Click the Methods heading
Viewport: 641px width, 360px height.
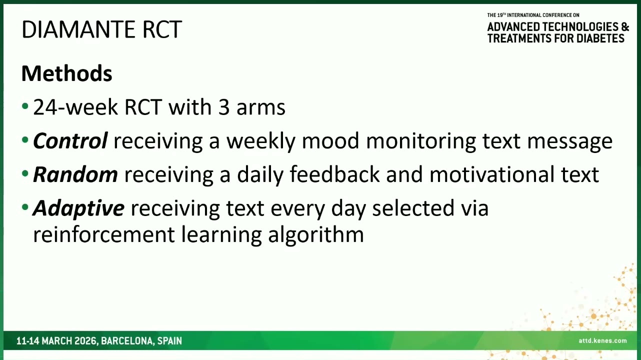coord(66,73)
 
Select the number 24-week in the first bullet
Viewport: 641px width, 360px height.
coord(75,107)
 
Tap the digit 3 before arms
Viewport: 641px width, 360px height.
coord(224,107)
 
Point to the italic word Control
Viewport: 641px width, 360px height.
coord(70,141)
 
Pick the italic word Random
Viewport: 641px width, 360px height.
coord(75,174)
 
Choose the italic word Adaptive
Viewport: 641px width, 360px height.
coord(78,208)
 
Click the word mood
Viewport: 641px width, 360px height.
coord(330,141)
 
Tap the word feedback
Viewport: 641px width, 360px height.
coord(334,174)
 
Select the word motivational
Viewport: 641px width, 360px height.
coord(492,174)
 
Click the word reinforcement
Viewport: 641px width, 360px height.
coord(104,234)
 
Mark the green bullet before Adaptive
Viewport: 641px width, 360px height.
coord(25,207)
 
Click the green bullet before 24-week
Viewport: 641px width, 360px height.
coord(25,106)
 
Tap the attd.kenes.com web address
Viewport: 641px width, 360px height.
coord(602,340)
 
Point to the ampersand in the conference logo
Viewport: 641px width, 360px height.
coord(625,26)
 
